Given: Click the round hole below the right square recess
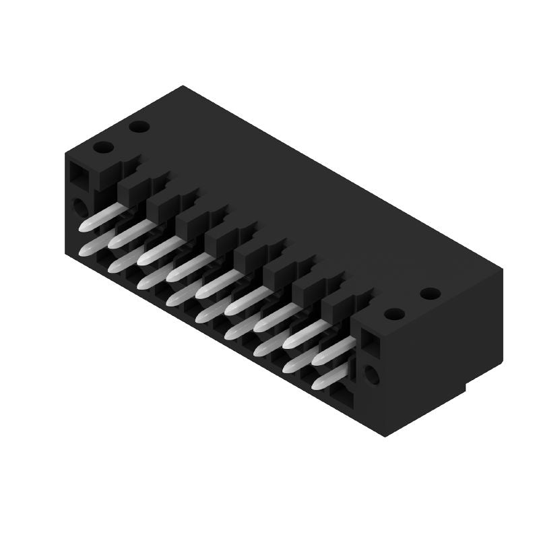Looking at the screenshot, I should pyautogui.click(x=371, y=375).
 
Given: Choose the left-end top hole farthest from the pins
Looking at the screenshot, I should pyautogui.click(x=139, y=126).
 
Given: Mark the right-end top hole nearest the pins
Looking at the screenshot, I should pyautogui.click(x=394, y=314).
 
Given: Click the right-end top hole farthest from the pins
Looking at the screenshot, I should pyautogui.click(x=430, y=294).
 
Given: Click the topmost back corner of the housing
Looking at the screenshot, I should pyautogui.click(x=183, y=86).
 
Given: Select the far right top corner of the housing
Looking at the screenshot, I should pyautogui.click(x=502, y=269).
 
